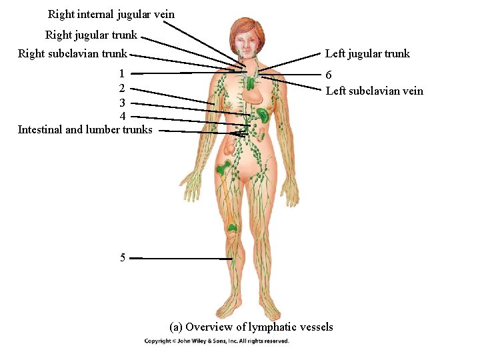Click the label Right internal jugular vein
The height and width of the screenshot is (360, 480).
pos(111,14)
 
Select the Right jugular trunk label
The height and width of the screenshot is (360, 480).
pos(91,35)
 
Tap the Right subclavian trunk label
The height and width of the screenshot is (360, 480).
pos(72,54)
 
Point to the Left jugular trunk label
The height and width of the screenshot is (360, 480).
pos(367,54)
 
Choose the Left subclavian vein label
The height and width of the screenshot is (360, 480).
pos(374,91)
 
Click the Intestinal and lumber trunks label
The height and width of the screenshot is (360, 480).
pos(85,129)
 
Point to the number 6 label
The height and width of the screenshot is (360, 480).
pos(329,77)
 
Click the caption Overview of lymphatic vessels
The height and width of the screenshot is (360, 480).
pos(251,327)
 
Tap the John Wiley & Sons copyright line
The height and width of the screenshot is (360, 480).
pos(217,341)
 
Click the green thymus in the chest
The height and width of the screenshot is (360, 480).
pos(250,83)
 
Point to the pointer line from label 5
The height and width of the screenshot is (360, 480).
pos(180,258)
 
